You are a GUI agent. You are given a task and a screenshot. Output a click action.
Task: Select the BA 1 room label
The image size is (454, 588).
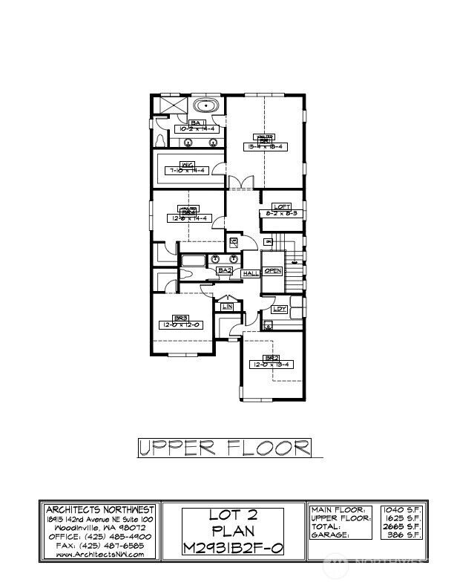tap(197, 122)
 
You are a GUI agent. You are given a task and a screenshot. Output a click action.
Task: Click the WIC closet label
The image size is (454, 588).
tap(188, 164)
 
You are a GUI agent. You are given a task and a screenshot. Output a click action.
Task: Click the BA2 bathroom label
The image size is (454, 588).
tap(224, 271)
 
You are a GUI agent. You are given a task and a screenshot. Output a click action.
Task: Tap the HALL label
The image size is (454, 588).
tap(249, 273)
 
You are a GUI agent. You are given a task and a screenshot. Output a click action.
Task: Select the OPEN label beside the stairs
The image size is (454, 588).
tap(272, 271)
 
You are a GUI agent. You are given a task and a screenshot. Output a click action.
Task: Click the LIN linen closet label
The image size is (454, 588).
tap(228, 306)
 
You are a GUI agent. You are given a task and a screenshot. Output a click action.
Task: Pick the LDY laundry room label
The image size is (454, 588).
tap(280, 309)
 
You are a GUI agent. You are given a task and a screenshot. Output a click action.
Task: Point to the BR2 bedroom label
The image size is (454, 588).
tap(272, 358)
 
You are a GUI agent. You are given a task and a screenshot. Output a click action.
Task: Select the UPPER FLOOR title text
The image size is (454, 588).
tap(224, 448)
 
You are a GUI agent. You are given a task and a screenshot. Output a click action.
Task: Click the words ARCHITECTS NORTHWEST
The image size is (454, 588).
tap(99, 509)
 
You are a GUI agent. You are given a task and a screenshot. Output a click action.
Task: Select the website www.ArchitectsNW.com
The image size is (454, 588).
tap(99, 555)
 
